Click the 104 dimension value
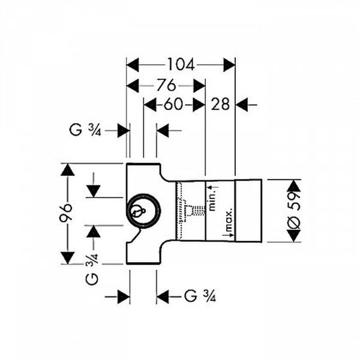181,65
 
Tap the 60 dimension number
173,104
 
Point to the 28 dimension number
220,104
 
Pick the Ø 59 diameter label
294,210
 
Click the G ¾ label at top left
85,131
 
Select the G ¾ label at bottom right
200,296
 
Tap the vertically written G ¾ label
92,269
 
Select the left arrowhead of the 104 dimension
133,65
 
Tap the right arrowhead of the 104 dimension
229,65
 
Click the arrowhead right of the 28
242,105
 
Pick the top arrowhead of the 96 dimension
67,170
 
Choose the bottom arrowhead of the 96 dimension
67,258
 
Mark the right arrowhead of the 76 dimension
199,86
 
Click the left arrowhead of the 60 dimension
150,105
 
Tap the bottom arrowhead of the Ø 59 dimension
294,236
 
